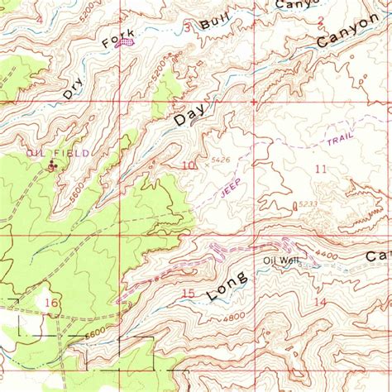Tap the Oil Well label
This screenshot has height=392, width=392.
click(280, 261)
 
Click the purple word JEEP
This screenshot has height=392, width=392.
click(232, 187)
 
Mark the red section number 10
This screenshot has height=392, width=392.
click(189, 165)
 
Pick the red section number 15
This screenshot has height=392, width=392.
click(188, 294)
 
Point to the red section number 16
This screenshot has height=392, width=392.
click(51, 304)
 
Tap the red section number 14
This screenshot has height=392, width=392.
click(319, 304)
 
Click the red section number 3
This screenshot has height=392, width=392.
click(188, 27)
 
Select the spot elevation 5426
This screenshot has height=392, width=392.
click(220, 160)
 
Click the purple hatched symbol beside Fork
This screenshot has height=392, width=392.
click(127, 45)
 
